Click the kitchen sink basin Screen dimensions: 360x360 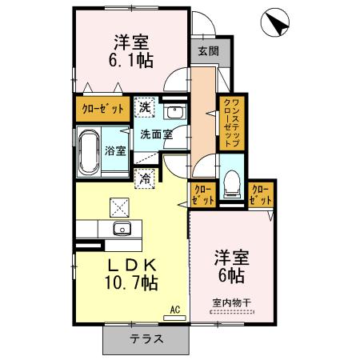[122, 230]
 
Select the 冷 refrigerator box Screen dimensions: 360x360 [146, 179]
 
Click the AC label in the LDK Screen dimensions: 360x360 [174, 307]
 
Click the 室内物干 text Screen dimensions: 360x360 [231, 302]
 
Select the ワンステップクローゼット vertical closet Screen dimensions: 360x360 [227, 121]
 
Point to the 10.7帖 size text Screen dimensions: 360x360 [130, 282]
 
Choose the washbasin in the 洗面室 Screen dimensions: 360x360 [175, 112]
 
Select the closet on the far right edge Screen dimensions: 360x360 [261, 194]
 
